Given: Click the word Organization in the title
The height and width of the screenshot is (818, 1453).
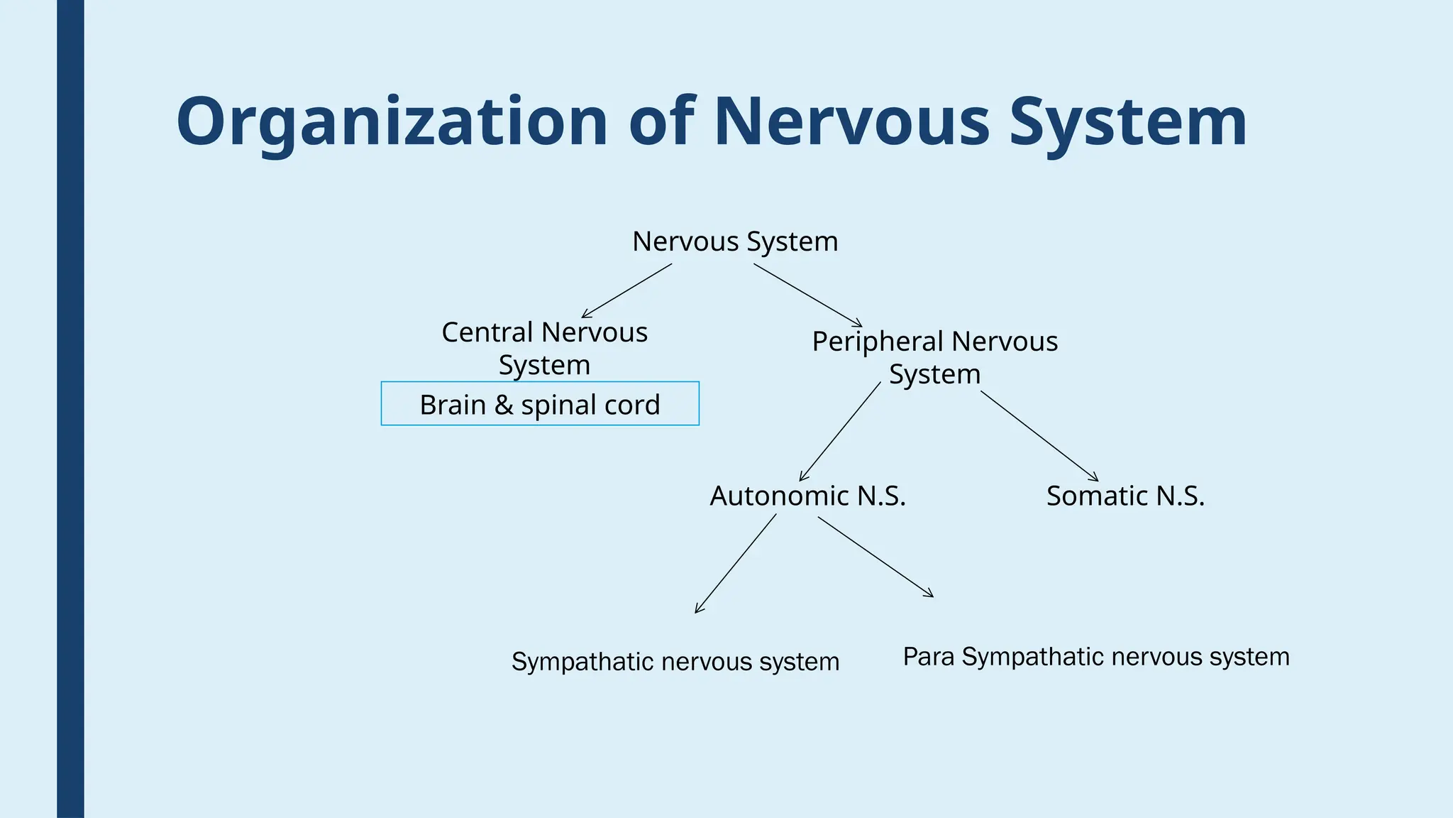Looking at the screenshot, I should pos(392,122).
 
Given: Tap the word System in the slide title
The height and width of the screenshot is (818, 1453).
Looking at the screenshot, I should pos(1128,122).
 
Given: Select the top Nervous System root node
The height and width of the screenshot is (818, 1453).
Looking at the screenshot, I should pos(735,241).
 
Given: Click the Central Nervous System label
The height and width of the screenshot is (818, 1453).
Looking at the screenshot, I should pos(544,348).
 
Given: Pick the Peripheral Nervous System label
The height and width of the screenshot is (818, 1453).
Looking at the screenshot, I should pos(934,357).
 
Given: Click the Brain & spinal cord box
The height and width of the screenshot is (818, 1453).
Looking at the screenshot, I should pos(540,404).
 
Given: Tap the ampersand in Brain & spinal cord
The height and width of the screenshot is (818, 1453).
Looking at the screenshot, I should pos(503,405).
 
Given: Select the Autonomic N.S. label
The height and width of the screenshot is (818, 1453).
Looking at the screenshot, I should pos(807,496).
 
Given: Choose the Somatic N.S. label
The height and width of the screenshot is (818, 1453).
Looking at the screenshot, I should pos(1125,496).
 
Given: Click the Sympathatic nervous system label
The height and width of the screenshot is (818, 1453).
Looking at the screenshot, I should pos(675,662).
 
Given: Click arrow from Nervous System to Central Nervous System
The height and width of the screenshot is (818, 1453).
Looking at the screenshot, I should pos(626,291).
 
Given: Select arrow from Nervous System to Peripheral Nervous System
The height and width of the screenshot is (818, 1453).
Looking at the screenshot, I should pos(807,295).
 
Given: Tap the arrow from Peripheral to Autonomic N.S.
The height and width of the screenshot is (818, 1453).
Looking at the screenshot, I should pos(840,432).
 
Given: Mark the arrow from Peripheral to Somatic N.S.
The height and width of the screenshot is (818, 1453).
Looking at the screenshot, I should pos(1039,436).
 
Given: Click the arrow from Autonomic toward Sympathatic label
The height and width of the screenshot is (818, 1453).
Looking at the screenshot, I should pos(736,564).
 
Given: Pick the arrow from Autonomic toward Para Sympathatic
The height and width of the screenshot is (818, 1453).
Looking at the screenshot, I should pos(875,557).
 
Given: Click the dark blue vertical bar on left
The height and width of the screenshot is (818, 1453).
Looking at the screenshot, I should pos(70,409).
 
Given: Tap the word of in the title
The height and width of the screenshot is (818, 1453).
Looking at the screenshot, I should pos(661,122).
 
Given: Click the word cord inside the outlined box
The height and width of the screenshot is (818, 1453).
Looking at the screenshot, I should pos(632,405).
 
